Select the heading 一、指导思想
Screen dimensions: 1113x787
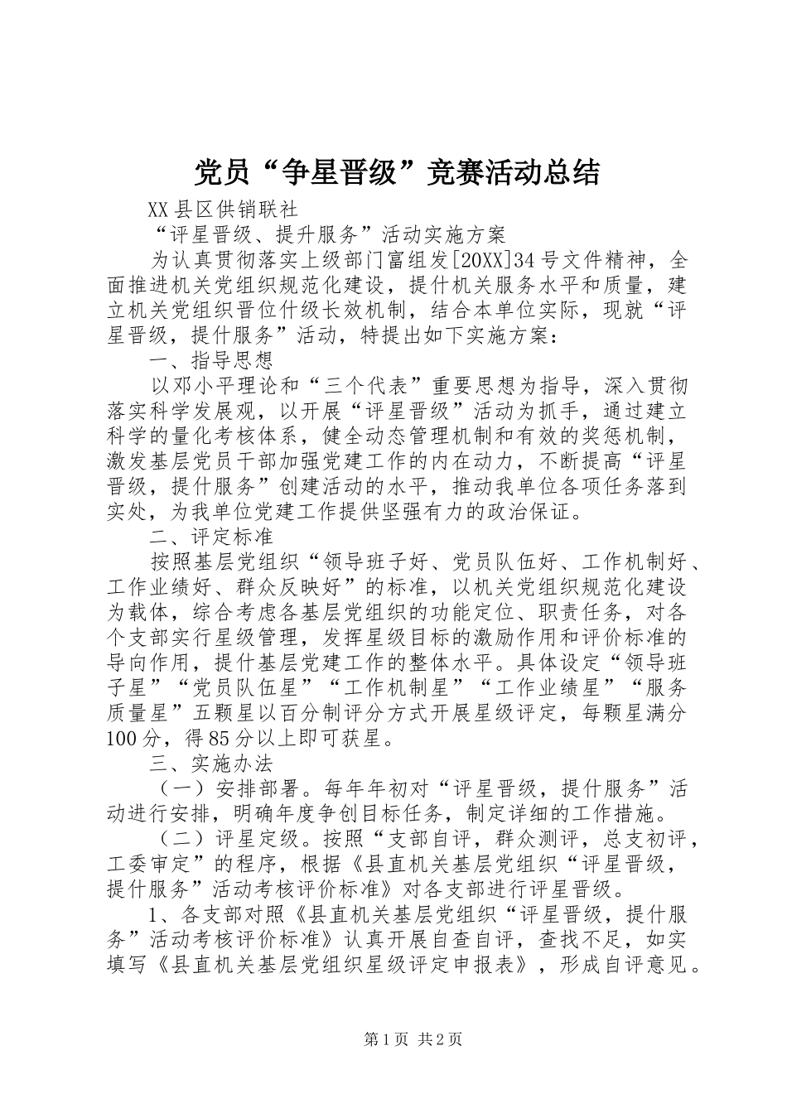coord(210,360)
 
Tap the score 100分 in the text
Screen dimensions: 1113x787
coord(128,737)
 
